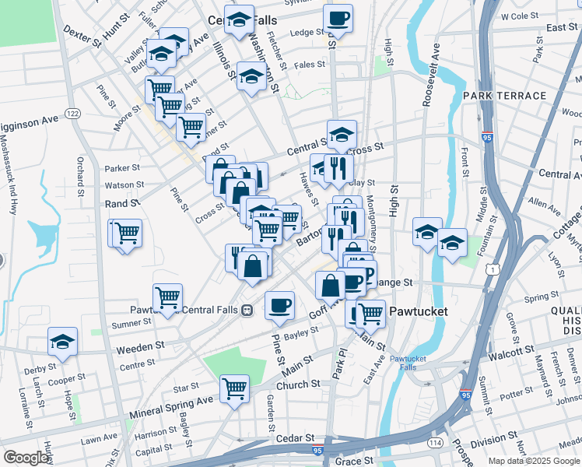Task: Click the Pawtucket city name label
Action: [x=418, y=311]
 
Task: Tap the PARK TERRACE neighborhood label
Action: [x=504, y=96]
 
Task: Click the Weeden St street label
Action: [x=140, y=345]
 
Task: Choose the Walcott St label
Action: [x=510, y=356]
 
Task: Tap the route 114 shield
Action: [x=434, y=443]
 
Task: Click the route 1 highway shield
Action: [x=493, y=269]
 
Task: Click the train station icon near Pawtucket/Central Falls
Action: [x=247, y=309]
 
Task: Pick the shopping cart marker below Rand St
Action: [x=127, y=232]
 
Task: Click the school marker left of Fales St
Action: [x=251, y=76]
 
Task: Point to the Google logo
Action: [x=26, y=458]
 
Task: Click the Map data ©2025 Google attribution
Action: [x=534, y=461]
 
